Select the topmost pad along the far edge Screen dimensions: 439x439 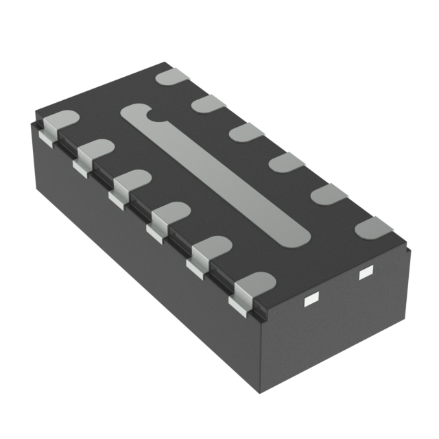[171, 76]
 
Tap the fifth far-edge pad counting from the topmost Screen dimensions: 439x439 [329, 193]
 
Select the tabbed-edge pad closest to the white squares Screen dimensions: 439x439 [253, 284]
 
